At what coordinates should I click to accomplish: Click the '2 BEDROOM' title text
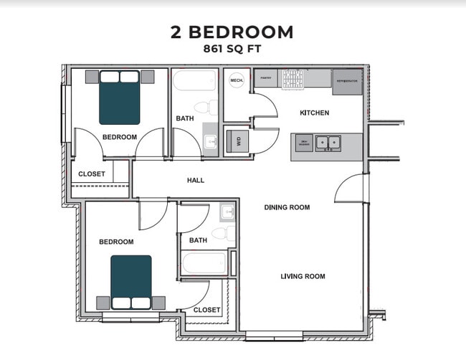point(232,32)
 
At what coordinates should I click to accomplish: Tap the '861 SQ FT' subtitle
point(232,50)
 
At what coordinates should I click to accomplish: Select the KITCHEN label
point(314,113)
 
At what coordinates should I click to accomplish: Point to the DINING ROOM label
point(287,207)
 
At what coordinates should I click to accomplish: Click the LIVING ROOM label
point(303,276)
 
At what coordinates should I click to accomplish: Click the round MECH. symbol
point(237,80)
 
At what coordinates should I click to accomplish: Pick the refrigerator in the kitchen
point(348,81)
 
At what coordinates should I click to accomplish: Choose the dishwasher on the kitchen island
point(304,143)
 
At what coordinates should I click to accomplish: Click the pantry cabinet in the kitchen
point(265,79)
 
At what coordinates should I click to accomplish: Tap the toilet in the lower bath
point(224,233)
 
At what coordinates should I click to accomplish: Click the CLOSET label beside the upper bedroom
point(91,174)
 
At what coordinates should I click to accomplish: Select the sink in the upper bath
point(210,141)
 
